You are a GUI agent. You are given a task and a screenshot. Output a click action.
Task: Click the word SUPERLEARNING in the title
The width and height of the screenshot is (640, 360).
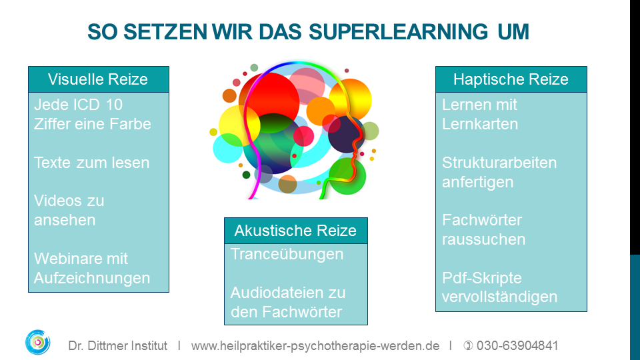coord(398,32)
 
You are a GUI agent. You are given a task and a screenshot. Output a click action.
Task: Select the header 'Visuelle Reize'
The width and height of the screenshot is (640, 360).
coord(98,79)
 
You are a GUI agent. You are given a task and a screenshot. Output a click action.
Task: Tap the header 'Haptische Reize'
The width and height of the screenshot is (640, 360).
coord(511,79)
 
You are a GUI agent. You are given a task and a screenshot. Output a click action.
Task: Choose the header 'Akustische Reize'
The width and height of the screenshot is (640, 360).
coord(295,231)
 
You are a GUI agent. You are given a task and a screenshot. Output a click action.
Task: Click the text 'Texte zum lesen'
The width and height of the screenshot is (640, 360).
coord(91,163)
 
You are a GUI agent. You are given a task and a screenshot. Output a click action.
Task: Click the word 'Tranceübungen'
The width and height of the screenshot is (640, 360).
coord(287,254)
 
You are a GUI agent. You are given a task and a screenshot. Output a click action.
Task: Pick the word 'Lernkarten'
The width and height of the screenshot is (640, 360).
coord(480,124)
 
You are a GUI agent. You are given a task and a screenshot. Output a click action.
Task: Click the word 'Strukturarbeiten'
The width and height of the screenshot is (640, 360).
coord(499,163)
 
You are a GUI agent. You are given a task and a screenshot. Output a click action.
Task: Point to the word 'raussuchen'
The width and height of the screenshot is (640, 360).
coord(484,239)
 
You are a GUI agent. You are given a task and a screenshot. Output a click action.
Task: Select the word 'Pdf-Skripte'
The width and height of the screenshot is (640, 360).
coord(482,278)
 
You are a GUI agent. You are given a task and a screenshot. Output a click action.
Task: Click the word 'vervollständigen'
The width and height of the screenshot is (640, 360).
coord(499,297)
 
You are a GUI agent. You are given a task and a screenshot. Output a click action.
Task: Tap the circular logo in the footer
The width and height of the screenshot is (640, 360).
coord(37,342)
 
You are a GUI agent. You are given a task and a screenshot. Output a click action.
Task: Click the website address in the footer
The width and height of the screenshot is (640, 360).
coord(315,346)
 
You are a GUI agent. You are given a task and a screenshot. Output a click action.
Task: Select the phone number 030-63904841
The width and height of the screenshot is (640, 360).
coord(517,346)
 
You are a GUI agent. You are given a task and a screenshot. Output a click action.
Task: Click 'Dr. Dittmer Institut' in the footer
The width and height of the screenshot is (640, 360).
coord(117,346)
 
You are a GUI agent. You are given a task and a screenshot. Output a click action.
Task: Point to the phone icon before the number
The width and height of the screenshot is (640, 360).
coord(468,346)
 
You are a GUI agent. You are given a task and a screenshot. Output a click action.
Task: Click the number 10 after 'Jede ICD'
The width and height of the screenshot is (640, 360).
coord(114,105)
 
